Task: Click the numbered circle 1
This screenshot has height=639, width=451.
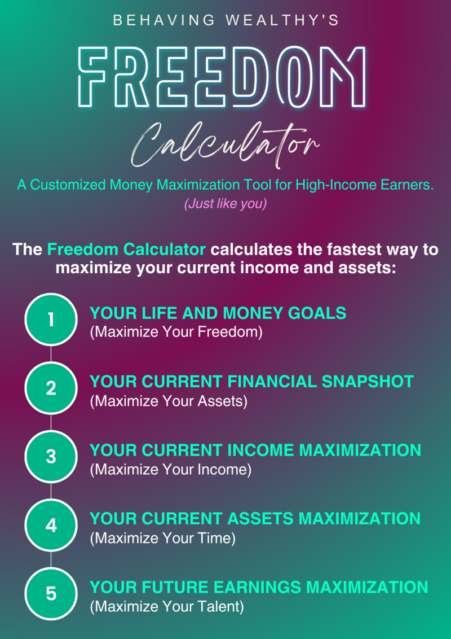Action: click(51, 319)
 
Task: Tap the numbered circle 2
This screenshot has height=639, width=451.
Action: click(51, 388)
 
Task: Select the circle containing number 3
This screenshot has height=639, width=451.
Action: click(51, 457)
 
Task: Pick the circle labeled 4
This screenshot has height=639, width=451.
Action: click(51, 525)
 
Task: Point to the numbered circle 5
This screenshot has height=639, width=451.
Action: click(51, 593)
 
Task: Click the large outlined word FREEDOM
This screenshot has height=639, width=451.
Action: click(224, 77)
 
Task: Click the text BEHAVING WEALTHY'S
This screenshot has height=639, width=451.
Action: click(226, 21)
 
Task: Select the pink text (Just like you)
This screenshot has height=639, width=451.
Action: click(225, 204)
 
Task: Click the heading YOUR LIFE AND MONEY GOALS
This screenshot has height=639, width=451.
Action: click(218, 313)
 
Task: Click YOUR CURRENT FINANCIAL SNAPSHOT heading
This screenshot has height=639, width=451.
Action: click(251, 382)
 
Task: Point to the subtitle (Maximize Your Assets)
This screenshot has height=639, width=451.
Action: click(169, 401)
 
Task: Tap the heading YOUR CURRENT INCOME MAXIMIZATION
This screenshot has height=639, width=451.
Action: click(255, 450)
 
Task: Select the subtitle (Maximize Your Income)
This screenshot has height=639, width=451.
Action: click(171, 470)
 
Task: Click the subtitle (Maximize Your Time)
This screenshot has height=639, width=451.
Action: click(163, 538)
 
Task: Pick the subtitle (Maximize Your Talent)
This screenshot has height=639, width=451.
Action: click(167, 606)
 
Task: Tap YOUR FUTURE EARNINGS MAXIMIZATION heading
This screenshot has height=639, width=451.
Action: click(258, 587)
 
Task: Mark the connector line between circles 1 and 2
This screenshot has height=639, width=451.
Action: click(51, 354)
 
